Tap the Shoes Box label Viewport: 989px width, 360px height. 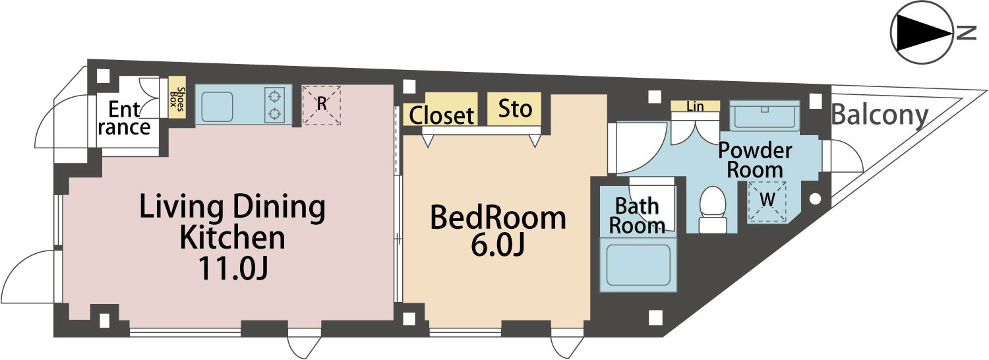(177, 102)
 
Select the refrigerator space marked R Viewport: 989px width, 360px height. (322, 105)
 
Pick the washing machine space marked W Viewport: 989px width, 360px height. (766, 201)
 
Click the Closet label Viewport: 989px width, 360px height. (442, 116)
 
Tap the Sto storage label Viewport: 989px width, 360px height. (515, 108)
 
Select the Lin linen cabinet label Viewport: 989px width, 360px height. (695, 106)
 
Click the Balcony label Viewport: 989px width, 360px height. (880, 115)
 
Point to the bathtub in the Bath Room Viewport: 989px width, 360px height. (638, 264)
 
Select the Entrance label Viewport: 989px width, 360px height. (125, 118)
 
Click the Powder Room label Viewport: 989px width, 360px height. (755, 160)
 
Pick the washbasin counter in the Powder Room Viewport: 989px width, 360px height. (764, 116)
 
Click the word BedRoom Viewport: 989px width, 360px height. (498, 218)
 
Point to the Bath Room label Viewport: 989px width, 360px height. (637, 216)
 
